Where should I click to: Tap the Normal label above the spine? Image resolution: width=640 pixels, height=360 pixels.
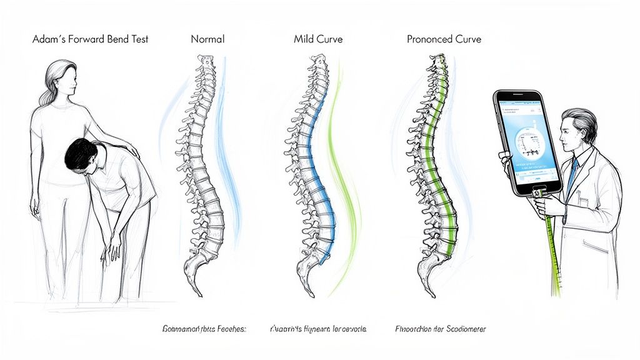[x=207, y=39]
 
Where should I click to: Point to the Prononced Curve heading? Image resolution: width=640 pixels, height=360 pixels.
[x=444, y=39]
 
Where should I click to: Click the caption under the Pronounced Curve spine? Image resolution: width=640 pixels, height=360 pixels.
[x=441, y=328]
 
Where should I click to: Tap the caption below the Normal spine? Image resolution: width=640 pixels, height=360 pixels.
[x=204, y=328]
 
